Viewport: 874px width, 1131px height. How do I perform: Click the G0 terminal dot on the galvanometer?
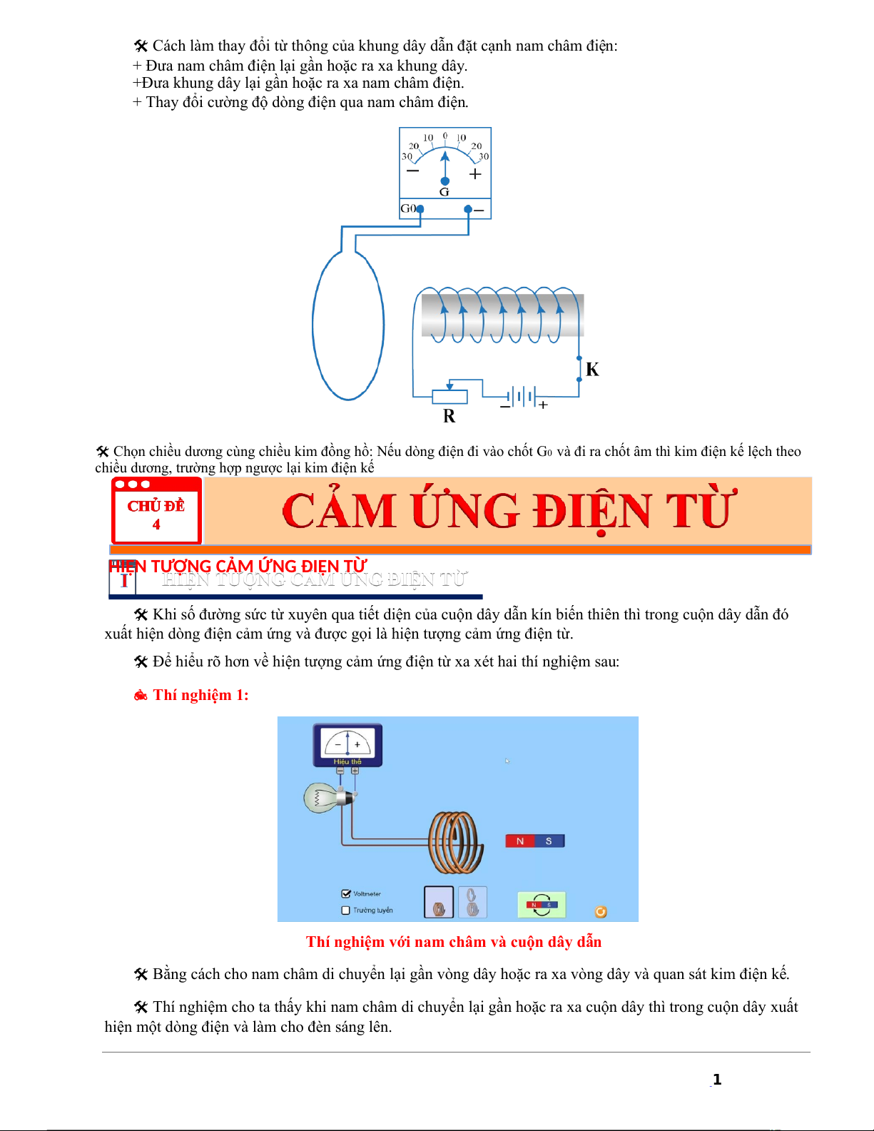pyautogui.click(x=420, y=209)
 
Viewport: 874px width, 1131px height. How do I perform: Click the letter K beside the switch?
pyautogui.click(x=592, y=370)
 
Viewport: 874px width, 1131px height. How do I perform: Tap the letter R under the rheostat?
pyautogui.click(x=449, y=416)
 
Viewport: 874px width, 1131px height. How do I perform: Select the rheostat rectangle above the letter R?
pyautogui.click(x=449, y=397)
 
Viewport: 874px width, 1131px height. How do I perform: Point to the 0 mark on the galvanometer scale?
pyautogui.click(x=445, y=136)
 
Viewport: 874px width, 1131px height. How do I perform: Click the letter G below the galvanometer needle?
pyautogui.click(x=444, y=192)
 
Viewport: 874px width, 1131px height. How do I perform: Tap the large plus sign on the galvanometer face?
pyautogui.click(x=475, y=174)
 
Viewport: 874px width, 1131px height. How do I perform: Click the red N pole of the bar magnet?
pyautogui.click(x=520, y=841)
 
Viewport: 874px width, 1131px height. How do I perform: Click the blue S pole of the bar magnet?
pyautogui.click(x=549, y=841)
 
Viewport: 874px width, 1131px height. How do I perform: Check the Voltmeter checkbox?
pyautogui.click(x=346, y=893)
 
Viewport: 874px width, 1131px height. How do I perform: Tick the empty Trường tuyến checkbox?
pyautogui.click(x=346, y=911)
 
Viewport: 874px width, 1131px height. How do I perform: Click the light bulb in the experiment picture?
pyautogui.click(x=324, y=798)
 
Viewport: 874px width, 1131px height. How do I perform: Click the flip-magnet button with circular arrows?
pyautogui.click(x=542, y=905)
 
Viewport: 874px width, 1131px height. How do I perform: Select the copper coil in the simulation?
pyautogui.click(x=455, y=842)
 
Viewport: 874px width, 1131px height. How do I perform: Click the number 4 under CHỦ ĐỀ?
pyautogui.click(x=156, y=524)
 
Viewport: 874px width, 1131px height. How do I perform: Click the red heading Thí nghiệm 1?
pyautogui.click(x=200, y=695)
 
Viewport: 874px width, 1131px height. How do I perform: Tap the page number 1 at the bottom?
pyautogui.click(x=717, y=1080)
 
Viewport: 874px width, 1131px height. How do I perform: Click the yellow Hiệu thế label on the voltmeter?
pyautogui.click(x=347, y=762)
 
